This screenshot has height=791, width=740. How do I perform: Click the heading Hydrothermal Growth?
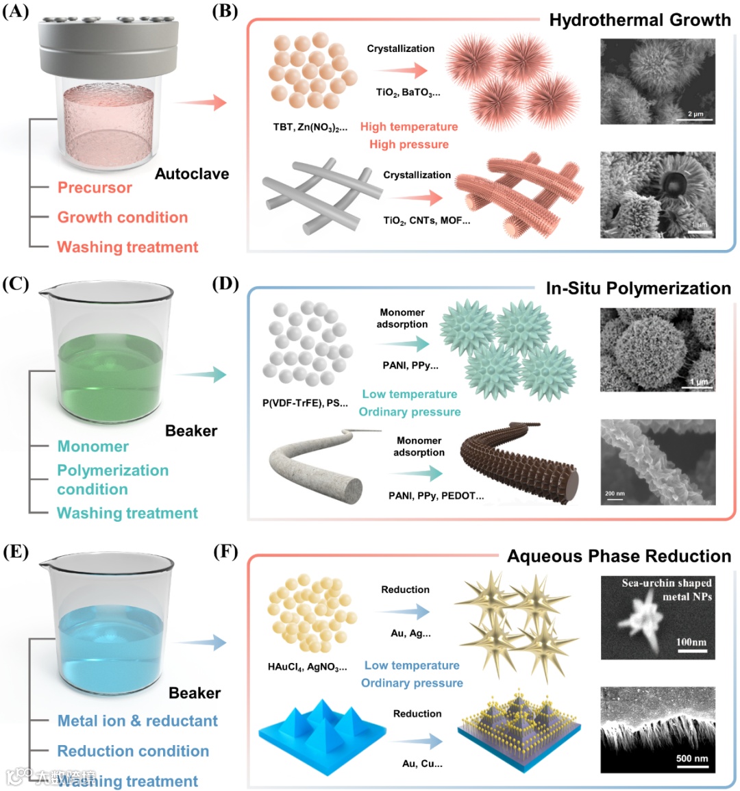(640, 20)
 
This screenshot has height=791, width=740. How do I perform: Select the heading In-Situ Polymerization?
(638, 288)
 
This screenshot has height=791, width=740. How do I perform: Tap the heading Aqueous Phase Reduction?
(619, 556)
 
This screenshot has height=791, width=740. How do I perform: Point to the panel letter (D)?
(226, 284)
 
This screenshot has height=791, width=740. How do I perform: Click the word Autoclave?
(192, 174)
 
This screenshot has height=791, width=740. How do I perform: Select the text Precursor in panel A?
(95, 188)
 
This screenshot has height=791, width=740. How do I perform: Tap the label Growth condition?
(123, 217)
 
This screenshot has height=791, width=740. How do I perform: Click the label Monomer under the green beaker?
(92, 447)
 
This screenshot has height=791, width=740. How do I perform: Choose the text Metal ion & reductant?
(138, 720)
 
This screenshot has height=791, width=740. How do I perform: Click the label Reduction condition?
(133, 751)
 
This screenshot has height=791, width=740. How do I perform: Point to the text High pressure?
(409, 145)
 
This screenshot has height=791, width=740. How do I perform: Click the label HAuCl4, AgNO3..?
(307, 666)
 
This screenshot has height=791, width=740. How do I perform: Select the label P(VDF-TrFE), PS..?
(305, 403)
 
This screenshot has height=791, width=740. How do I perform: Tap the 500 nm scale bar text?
(692, 758)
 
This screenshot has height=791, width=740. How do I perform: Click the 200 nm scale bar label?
(615, 493)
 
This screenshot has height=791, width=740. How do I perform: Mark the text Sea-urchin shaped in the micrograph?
(666, 583)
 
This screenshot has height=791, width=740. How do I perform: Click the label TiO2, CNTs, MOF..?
(426, 221)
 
